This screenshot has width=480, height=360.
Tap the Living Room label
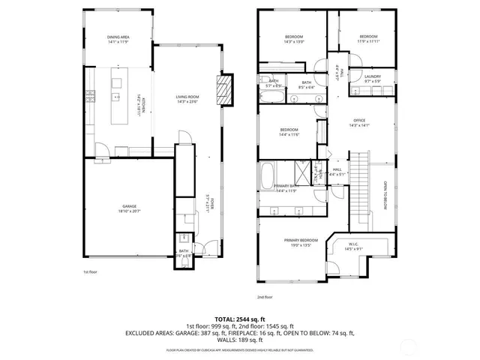187,98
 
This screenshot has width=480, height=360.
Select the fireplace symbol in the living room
222,88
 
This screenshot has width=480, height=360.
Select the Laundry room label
373,78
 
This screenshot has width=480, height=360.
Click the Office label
359,123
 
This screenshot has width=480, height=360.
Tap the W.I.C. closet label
355,245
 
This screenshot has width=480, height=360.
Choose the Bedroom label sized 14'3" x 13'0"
293,39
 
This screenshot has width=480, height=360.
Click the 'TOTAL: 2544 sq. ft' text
240,319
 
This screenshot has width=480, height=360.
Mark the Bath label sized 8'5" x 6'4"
307,85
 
